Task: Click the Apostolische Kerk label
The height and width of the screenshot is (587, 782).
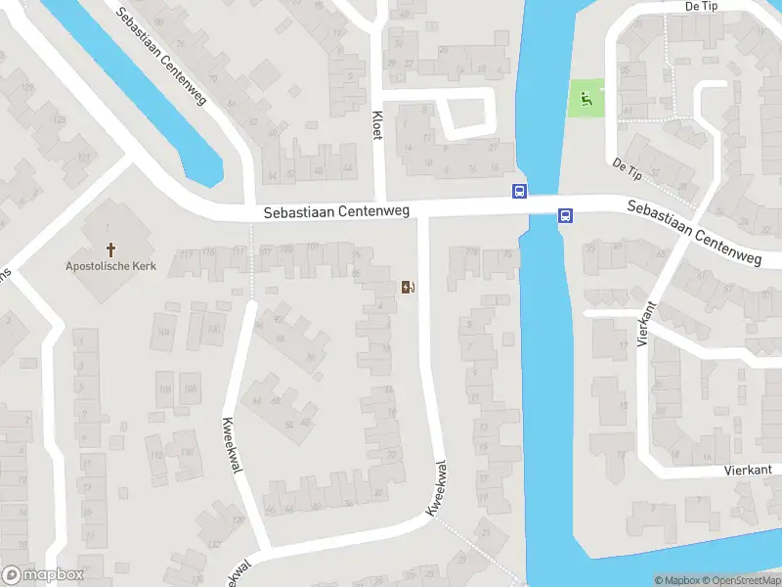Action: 109,265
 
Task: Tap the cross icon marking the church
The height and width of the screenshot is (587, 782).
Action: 110,248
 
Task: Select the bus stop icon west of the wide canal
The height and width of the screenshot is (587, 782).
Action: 519,192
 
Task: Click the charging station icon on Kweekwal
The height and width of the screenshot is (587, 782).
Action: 408,287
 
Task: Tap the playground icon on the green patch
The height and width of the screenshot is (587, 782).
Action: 585,97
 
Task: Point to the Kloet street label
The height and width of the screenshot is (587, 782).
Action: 377,125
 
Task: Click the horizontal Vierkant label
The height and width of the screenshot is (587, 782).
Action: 749,470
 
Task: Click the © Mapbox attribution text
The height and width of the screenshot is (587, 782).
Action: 678,580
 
